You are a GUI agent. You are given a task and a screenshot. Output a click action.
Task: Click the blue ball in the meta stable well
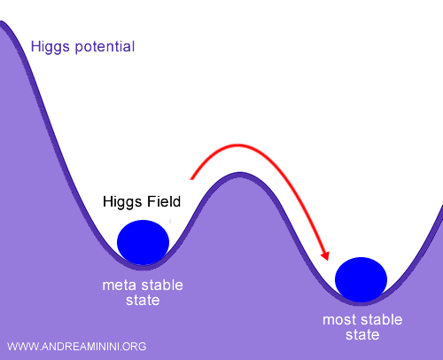(143, 241)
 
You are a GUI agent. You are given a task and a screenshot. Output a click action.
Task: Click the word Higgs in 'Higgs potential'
(50, 46)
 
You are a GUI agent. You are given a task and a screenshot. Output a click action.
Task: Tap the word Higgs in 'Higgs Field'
(118, 203)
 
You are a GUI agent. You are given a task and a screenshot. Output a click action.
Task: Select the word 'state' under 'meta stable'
(143, 301)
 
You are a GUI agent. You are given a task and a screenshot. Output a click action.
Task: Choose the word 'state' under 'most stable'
(361, 335)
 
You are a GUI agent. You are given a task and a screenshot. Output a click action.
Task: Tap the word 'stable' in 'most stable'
(382, 319)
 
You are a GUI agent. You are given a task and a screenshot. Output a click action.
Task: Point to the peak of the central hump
(237, 175)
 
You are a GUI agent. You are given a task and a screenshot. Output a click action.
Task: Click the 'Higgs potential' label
(82, 46)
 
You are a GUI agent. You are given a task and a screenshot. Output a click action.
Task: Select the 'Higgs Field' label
(136, 203)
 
